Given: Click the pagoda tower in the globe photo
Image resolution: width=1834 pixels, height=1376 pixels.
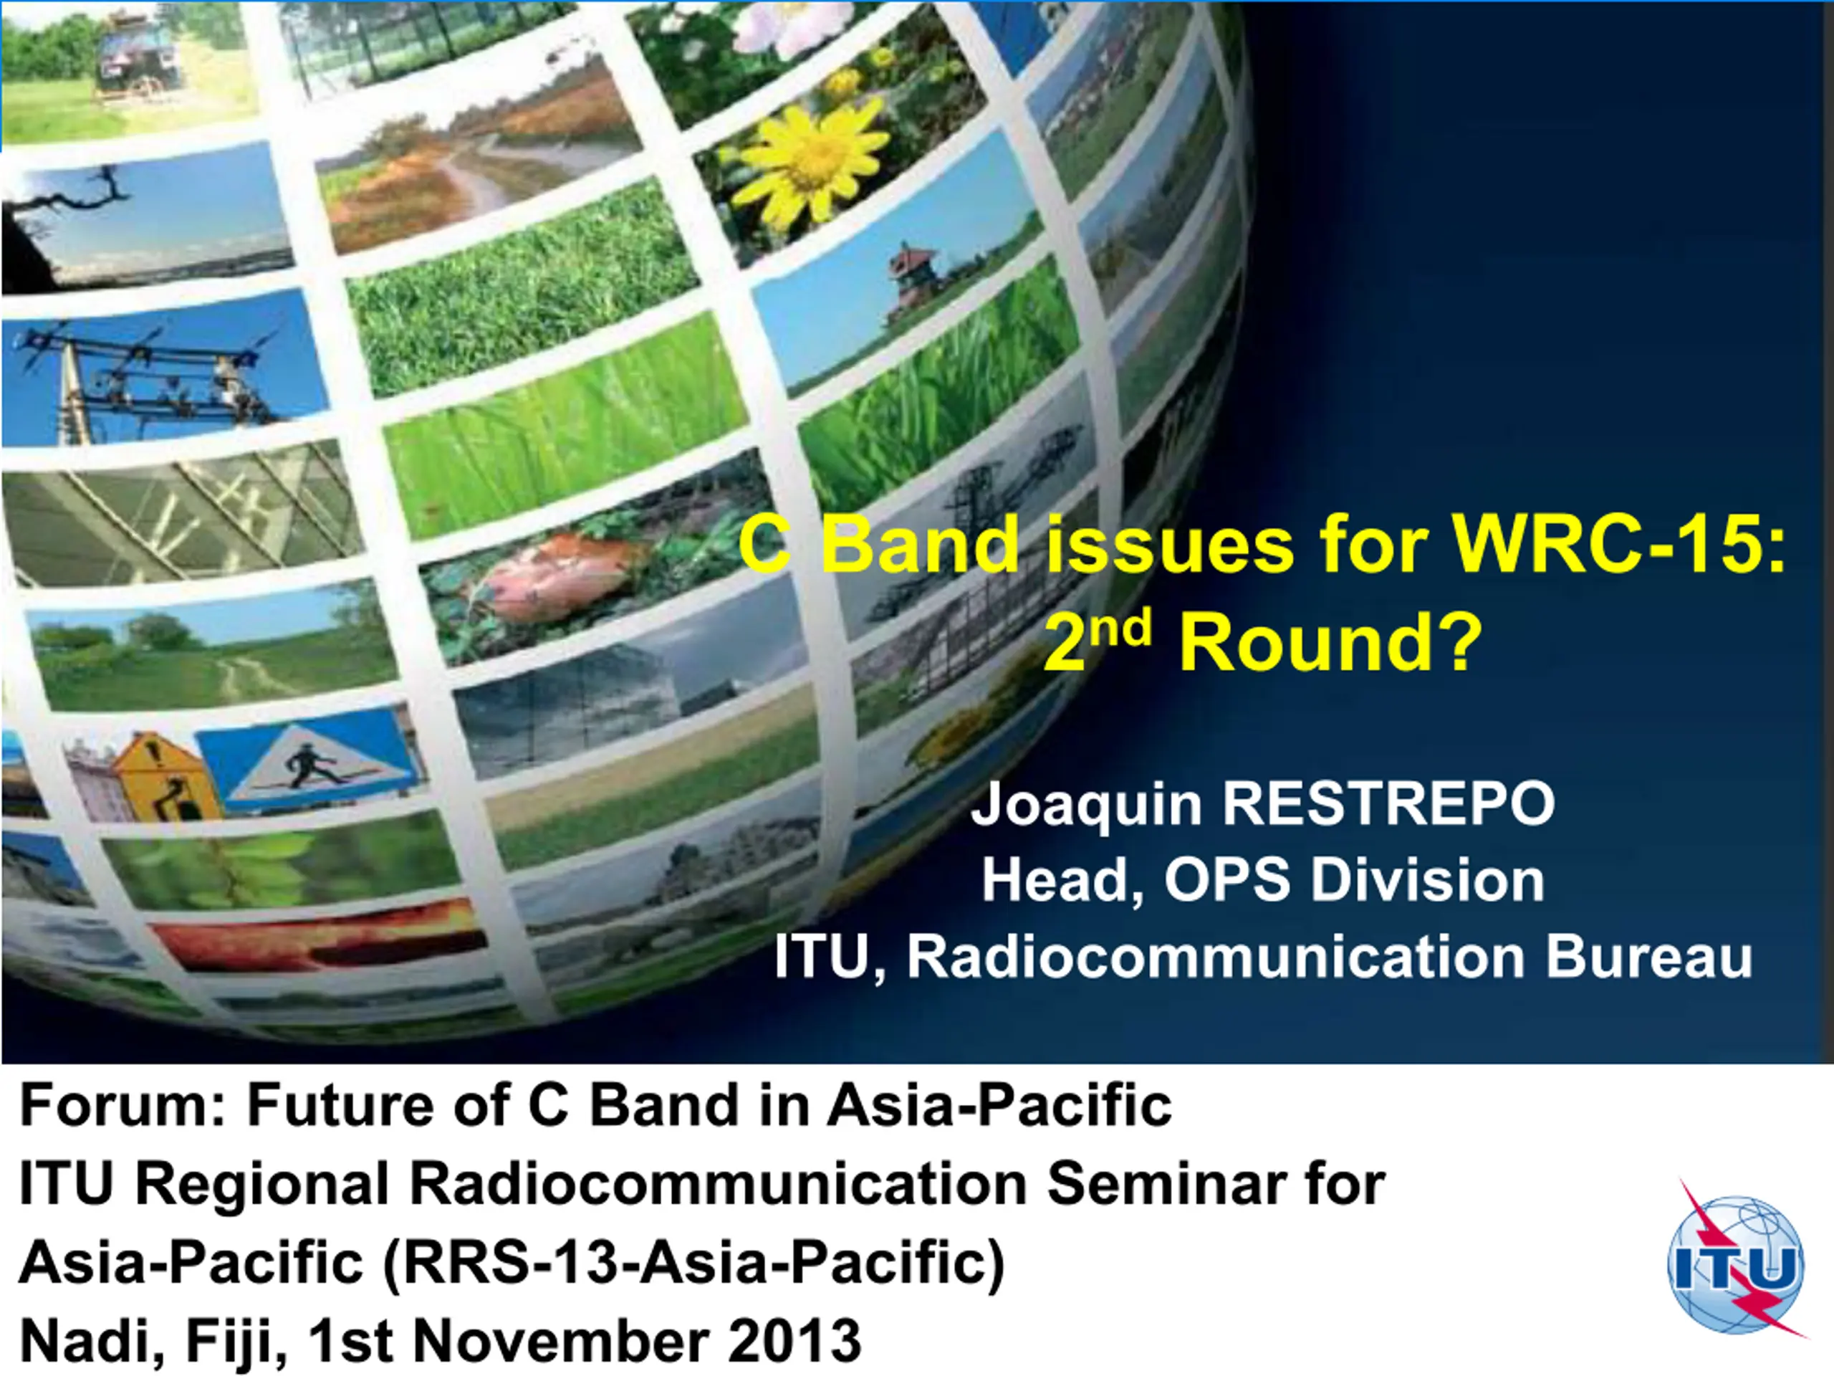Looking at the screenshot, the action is coord(913,286).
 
